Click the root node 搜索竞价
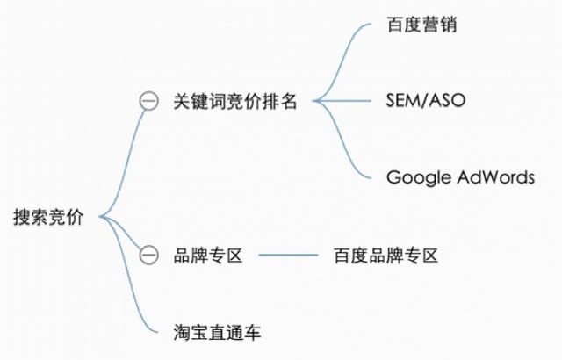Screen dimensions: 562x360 [x=48, y=217]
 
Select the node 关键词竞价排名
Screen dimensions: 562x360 [x=235, y=101]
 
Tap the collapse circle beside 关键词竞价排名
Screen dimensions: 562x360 [x=148, y=101]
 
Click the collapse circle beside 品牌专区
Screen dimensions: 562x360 [x=148, y=255]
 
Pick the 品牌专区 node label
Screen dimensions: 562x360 [x=208, y=256]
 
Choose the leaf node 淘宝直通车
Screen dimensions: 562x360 [x=217, y=332]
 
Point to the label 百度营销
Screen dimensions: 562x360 [x=421, y=25]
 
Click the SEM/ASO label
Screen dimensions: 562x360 [x=425, y=100]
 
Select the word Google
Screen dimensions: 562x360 [x=418, y=177]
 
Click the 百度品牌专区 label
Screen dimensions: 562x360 [x=385, y=256]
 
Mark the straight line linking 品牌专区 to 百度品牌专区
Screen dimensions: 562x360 [x=288, y=255]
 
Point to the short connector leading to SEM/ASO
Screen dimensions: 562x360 [x=342, y=101]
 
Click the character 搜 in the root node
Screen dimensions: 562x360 [x=22, y=217]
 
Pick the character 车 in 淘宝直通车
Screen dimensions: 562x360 [x=252, y=332]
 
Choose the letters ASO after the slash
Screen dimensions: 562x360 [x=447, y=100]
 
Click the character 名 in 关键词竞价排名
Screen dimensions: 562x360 [x=289, y=101]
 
